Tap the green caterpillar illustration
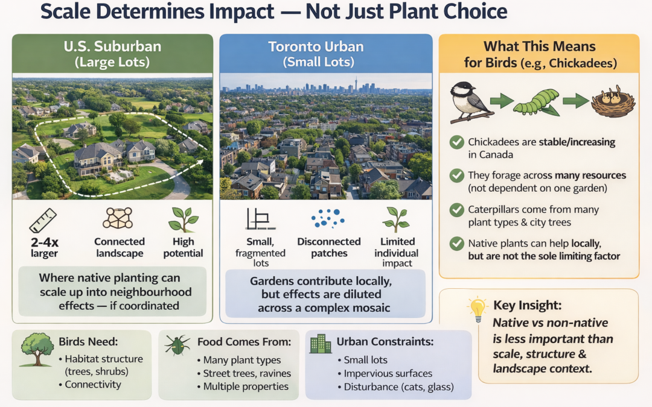[x=536, y=101]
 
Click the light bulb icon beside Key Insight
[x=478, y=309]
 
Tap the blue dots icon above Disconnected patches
[x=328, y=220]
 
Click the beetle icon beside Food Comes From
[x=177, y=345]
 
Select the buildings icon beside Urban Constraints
[x=321, y=344]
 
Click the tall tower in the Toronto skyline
[x=356, y=84]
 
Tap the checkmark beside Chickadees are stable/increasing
[x=457, y=143]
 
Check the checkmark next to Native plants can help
[x=457, y=244]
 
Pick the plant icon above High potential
[x=183, y=220]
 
